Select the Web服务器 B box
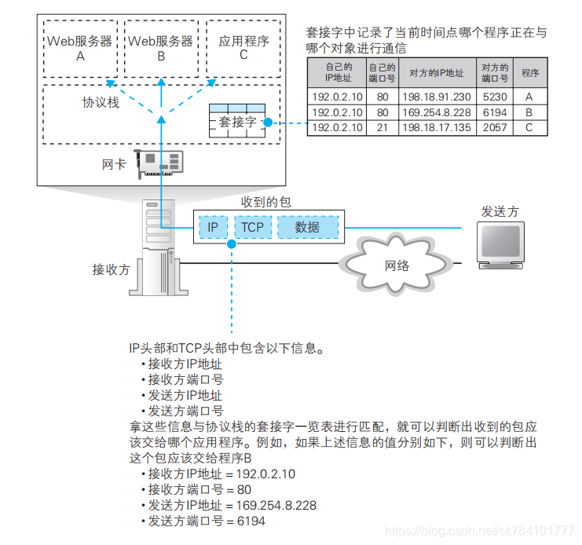point(160,48)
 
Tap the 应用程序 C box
point(243,48)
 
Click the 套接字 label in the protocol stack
point(236,122)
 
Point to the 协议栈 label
point(102,103)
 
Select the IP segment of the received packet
point(213,227)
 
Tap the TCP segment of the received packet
point(252,227)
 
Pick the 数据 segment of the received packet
point(307,227)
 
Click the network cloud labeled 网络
point(397,265)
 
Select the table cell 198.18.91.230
point(436,97)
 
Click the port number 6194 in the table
point(495,112)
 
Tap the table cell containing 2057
point(495,127)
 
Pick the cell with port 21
point(382,127)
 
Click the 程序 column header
point(529,73)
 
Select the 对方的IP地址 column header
point(436,73)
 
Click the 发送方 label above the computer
point(500,211)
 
